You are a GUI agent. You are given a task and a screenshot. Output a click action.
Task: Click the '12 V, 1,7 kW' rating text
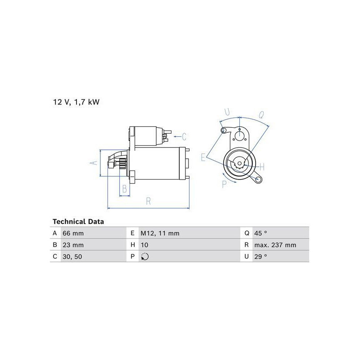76,102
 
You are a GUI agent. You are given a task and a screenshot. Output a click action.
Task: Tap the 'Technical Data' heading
78,221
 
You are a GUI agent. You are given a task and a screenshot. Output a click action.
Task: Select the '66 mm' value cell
73,233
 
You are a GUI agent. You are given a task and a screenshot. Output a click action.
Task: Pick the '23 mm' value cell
73,245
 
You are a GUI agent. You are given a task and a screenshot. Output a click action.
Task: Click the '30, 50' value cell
72,256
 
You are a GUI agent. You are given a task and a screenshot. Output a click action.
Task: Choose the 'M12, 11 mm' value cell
160,233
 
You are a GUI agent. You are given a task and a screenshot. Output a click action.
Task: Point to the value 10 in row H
144,245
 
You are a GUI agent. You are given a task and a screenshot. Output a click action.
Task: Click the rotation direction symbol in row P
145,256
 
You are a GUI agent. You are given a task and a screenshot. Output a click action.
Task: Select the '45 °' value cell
261,233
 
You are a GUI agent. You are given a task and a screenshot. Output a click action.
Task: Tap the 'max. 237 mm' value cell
275,245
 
